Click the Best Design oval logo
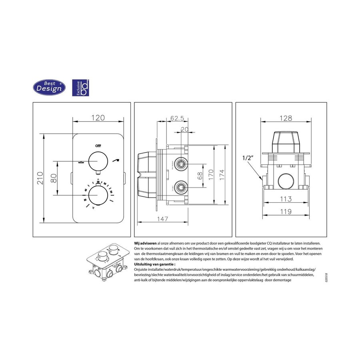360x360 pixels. coord(49,86)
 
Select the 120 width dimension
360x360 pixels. coord(98,118)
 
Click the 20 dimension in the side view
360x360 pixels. coord(184,129)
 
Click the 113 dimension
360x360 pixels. coord(285,199)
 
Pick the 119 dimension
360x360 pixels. coord(285,212)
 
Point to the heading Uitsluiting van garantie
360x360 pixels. coord(154,264)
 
